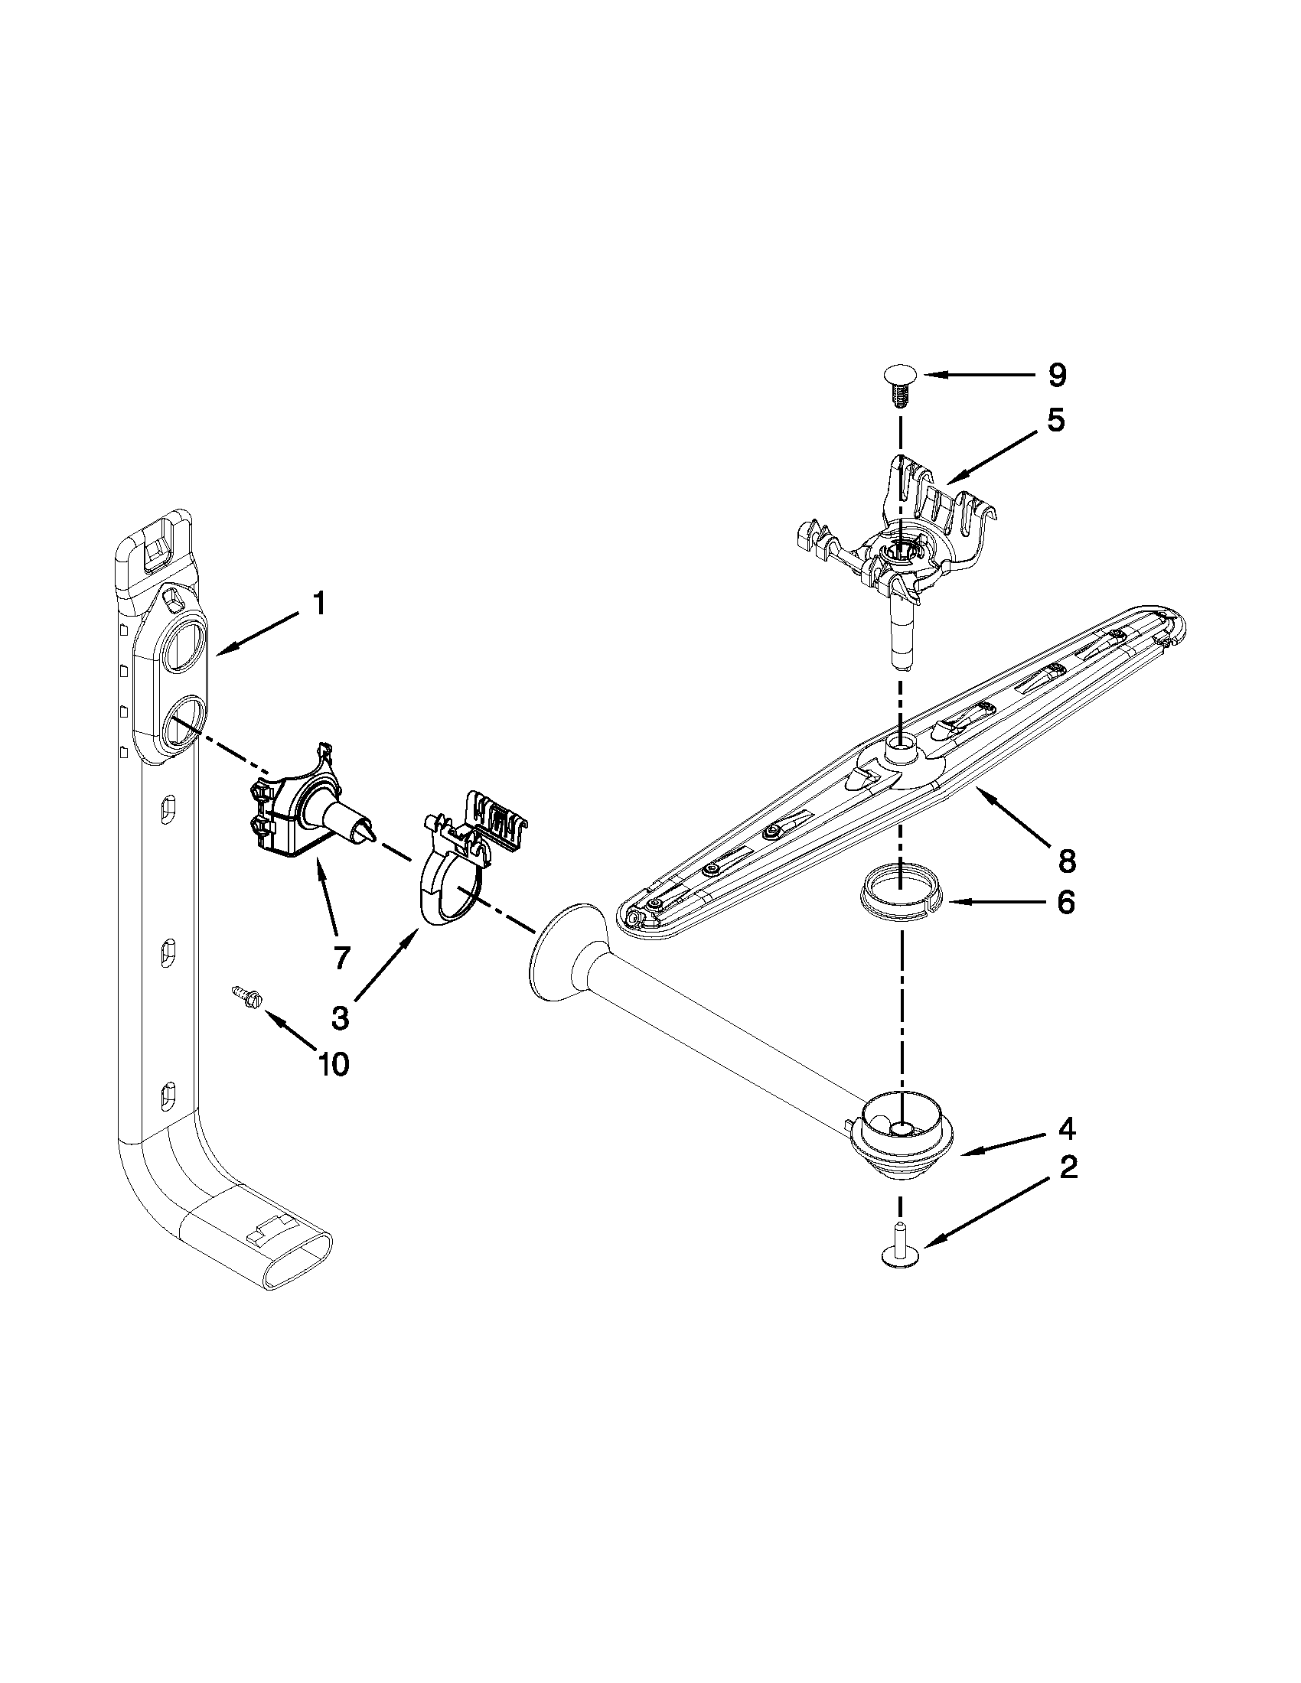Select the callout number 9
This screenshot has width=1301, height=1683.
coord(1056,376)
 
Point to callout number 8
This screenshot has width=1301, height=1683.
coord(1066,861)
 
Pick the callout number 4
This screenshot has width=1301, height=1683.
coord(1066,1129)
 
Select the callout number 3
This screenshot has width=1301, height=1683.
coord(340,1017)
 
